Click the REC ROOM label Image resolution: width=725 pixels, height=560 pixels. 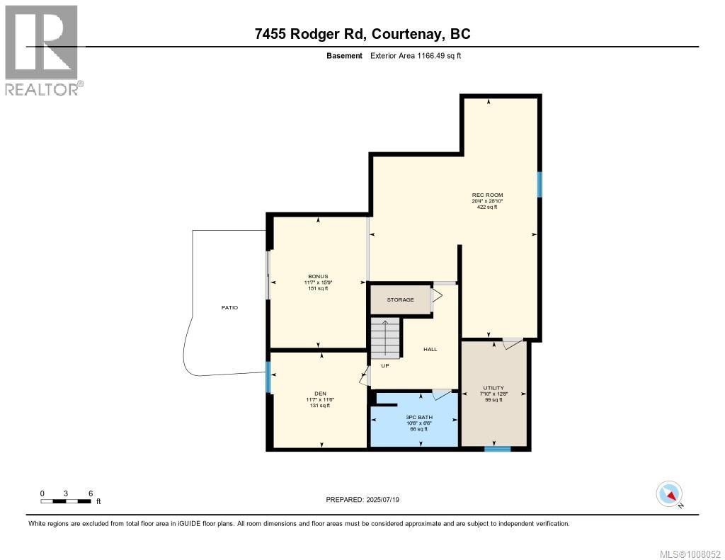tap(487, 195)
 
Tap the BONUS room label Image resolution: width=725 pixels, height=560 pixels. tap(318, 277)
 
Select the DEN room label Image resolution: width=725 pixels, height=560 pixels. tap(321, 394)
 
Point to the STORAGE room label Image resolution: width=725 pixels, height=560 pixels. tap(400, 299)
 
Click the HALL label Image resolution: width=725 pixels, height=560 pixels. tap(430, 349)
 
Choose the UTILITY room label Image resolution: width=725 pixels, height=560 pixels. tap(493, 388)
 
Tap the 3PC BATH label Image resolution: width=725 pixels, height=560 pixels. tap(419, 417)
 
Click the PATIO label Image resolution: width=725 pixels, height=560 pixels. tap(229, 308)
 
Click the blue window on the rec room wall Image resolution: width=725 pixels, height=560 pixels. tap(540, 185)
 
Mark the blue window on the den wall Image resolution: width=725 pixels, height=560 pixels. tap(268, 376)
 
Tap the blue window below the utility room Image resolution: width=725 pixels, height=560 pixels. tap(497, 448)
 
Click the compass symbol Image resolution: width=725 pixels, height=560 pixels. tap(669, 493)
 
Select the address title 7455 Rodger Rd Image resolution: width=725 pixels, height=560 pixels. tap(362, 33)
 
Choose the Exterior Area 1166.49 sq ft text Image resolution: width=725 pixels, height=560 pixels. tap(416, 55)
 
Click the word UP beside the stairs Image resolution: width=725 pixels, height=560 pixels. tap(385, 366)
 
